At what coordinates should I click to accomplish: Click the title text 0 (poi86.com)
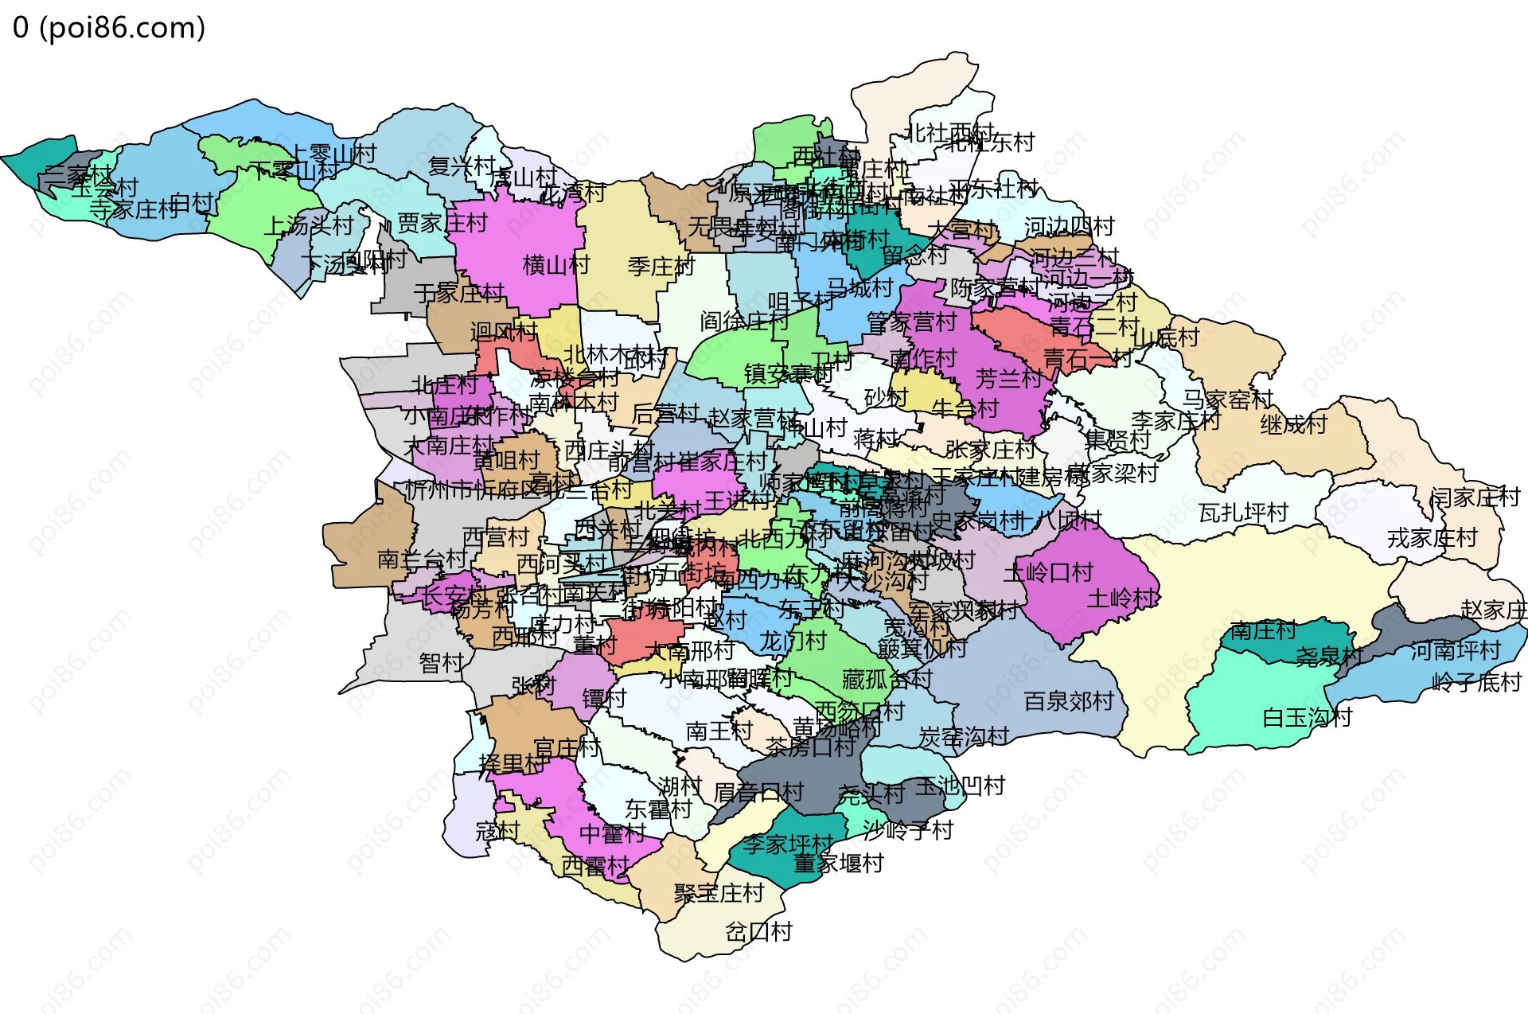(x=109, y=28)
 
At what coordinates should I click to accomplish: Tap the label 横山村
(x=555, y=265)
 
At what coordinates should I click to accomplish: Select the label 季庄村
(x=661, y=267)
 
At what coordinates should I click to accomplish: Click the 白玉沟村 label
(x=1307, y=718)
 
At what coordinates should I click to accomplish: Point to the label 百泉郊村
(x=1068, y=702)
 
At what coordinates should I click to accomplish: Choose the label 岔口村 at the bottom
(x=758, y=931)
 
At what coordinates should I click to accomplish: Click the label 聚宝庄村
(x=718, y=893)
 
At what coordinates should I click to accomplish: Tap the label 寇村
(x=497, y=832)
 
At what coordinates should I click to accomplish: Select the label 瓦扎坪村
(x=1243, y=513)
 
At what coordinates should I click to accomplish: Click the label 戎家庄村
(x=1432, y=539)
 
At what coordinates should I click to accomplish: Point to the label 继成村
(x=1293, y=424)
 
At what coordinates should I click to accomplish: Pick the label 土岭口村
(x=1048, y=572)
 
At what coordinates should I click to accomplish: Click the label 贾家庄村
(x=442, y=224)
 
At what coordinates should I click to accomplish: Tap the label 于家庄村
(x=458, y=294)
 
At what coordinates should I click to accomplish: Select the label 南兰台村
(x=421, y=559)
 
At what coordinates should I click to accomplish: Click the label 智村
(x=441, y=663)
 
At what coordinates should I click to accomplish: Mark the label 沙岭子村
(x=907, y=831)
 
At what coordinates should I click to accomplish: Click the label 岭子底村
(x=1476, y=683)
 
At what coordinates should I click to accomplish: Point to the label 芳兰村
(x=1008, y=379)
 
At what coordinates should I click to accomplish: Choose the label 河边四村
(x=1068, y=227)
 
